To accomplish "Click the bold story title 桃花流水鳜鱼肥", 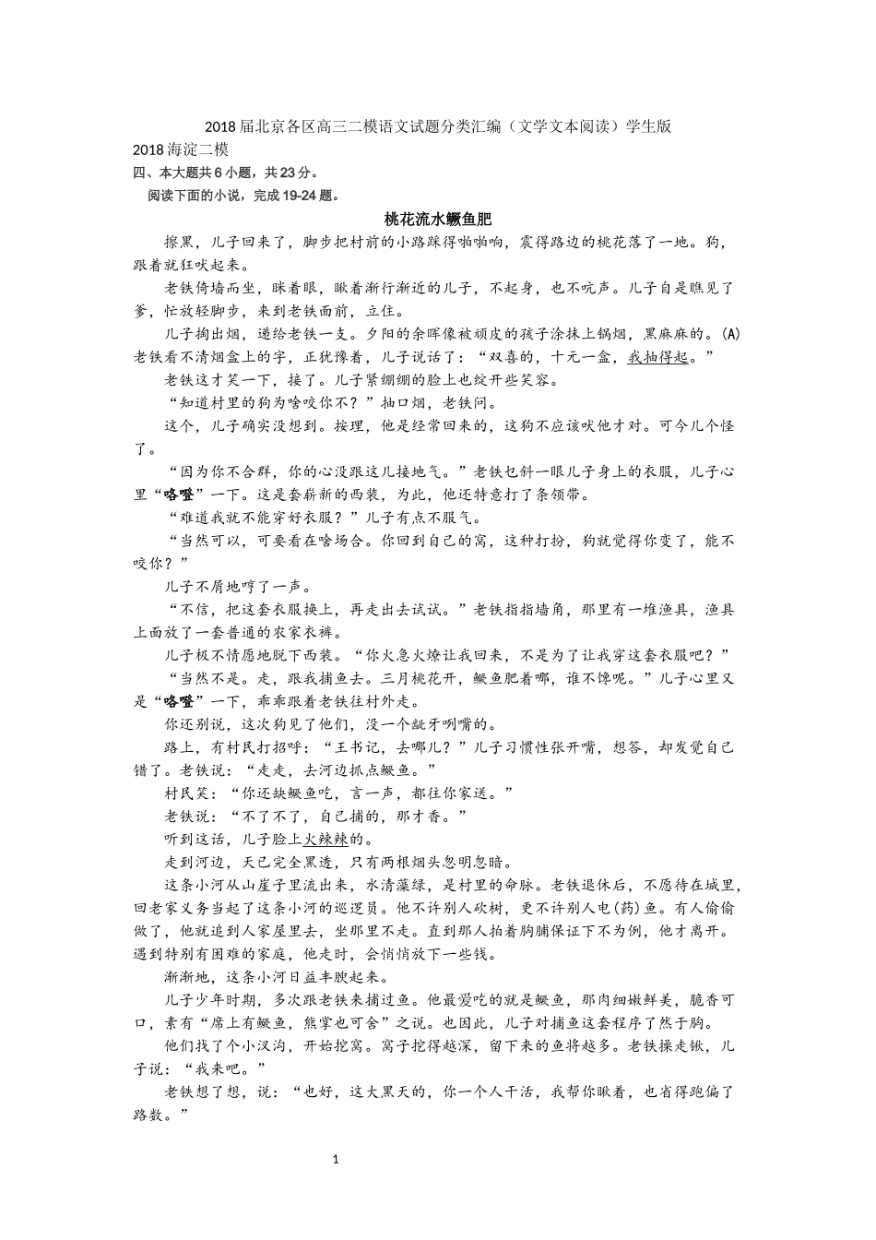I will [x=437, y=220].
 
